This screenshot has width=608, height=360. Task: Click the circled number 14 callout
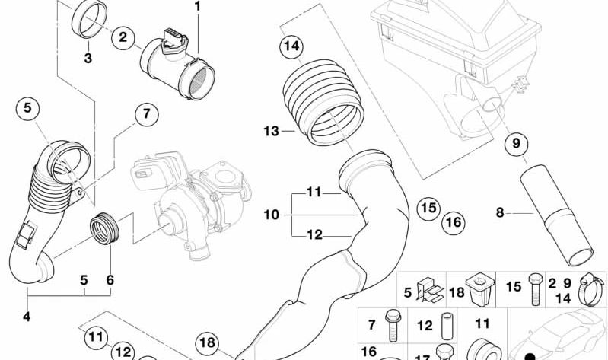point(291,46)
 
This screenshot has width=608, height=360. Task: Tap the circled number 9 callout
point(516,144)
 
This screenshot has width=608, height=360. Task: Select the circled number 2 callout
point(123,37)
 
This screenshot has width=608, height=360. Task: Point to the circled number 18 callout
point(207,343)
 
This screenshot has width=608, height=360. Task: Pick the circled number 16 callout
point(454,223)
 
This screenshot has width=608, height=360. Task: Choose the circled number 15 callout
point(428,209)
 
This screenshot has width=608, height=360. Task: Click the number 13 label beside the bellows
point(272,131)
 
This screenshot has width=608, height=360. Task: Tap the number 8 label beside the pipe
point(500,212)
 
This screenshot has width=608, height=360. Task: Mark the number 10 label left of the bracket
point(272,215)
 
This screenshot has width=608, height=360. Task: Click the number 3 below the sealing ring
point(88,58)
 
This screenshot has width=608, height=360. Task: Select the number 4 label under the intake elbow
point(27,317)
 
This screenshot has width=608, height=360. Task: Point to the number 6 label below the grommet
point(110,279)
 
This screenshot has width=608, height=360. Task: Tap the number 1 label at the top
point(198,7)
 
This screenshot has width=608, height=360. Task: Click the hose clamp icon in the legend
point(590,289)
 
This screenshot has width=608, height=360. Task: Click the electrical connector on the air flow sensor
point(174,40)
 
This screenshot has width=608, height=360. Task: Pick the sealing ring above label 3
point(90,19)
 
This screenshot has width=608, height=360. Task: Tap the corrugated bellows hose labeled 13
point(323,103)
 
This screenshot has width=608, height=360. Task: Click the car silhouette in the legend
point(556,336)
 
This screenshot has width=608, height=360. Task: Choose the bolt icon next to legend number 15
point(534,289)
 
